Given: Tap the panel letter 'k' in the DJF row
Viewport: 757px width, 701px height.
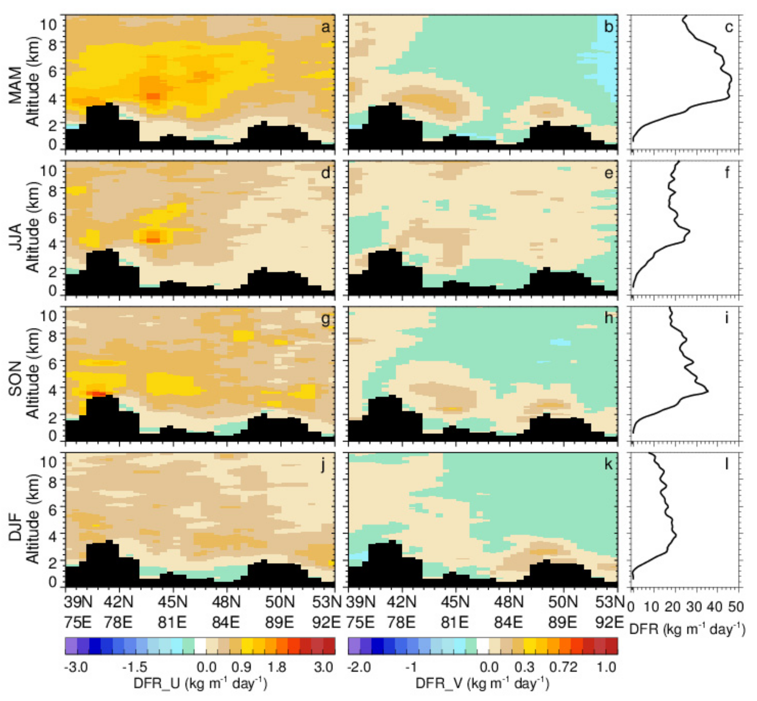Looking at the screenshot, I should tap(608, 464).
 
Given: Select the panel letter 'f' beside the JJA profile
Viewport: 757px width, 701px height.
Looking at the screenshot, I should tap(727, 173).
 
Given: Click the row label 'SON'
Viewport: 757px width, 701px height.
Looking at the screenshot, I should tap(16, 378).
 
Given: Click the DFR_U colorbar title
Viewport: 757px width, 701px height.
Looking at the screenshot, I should tap(200, 683).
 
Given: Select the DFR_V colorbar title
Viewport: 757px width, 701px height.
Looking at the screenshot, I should tap(482, 683).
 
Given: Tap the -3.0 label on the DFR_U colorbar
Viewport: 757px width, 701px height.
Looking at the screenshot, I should tap(76, 667).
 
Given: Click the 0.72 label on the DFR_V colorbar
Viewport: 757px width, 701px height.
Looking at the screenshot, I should tap(563, 667).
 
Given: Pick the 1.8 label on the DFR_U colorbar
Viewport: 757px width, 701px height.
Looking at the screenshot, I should tap(277, 667).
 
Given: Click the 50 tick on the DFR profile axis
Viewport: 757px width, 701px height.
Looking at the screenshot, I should tap(735, 607).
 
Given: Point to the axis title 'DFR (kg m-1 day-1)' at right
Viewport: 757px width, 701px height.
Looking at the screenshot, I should tap(687, 629).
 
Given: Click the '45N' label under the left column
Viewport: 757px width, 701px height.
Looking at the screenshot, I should tap(172, 602).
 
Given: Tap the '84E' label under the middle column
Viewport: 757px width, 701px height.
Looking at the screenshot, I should tap(509, 622).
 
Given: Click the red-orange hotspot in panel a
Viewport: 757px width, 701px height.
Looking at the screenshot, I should tap(153, 96).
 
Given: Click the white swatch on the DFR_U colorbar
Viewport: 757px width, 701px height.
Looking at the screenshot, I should tap(200, 646).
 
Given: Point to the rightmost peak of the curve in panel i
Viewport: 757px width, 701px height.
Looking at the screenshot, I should tap(707, 392).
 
